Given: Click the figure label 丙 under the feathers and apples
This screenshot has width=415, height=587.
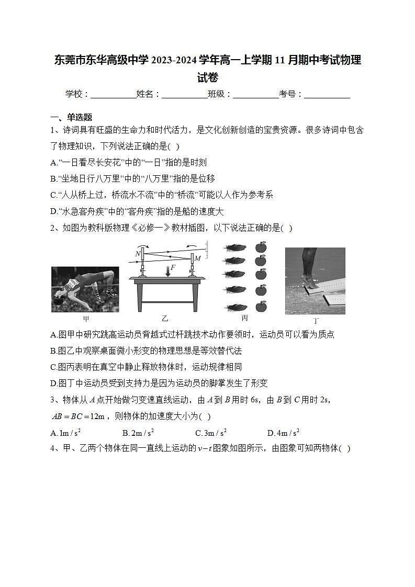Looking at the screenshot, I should click(244, 318).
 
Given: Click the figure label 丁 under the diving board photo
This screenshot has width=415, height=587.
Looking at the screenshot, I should click(316, 320).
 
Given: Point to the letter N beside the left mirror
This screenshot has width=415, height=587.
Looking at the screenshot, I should click(138, 254).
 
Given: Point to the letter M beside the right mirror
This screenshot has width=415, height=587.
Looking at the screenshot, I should click(198, 258).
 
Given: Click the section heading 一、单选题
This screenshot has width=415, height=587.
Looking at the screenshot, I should click(71, 117).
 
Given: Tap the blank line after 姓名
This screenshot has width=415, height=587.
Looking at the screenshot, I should click(184, 95).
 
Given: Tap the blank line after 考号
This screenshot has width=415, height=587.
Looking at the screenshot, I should click(327, 95).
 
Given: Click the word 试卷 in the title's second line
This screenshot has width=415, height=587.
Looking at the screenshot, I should click(207, 77).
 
